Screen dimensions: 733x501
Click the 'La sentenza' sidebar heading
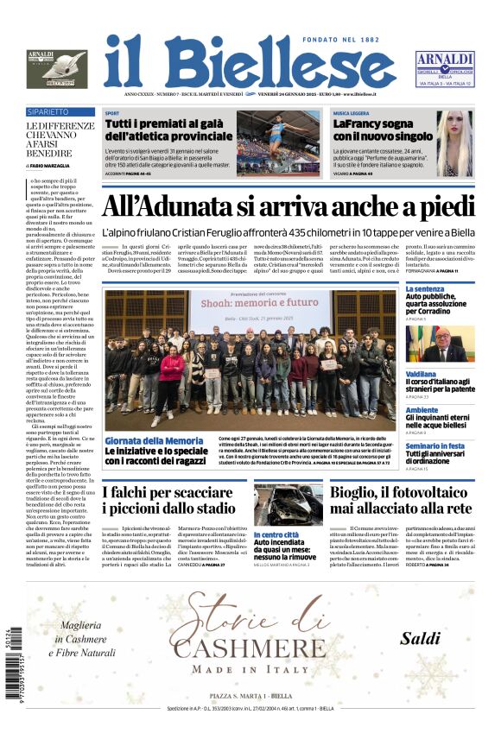(x=425, y=289)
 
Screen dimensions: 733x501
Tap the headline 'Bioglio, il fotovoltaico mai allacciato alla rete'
(x=413, y=501)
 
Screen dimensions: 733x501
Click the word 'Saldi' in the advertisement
(x=421, y=639)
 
